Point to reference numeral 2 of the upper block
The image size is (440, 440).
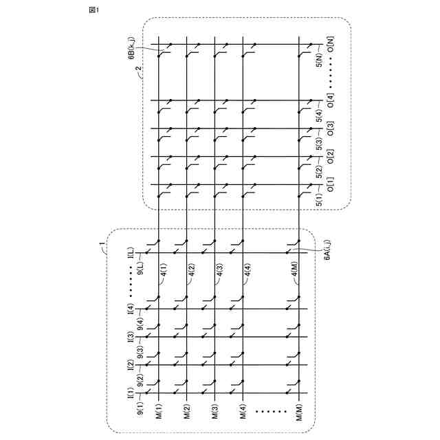137,70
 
